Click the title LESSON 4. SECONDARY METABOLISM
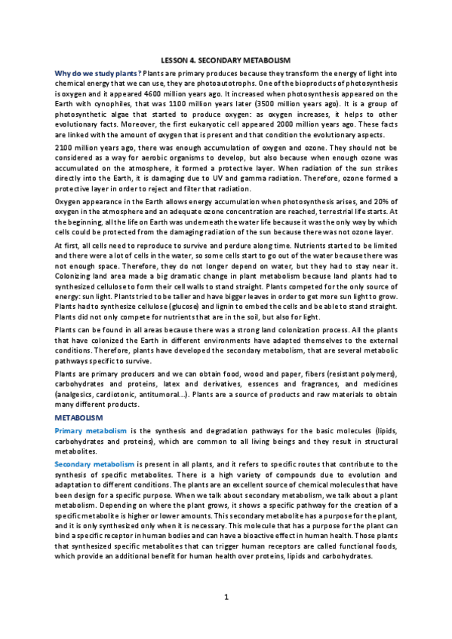coord(226,59)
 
